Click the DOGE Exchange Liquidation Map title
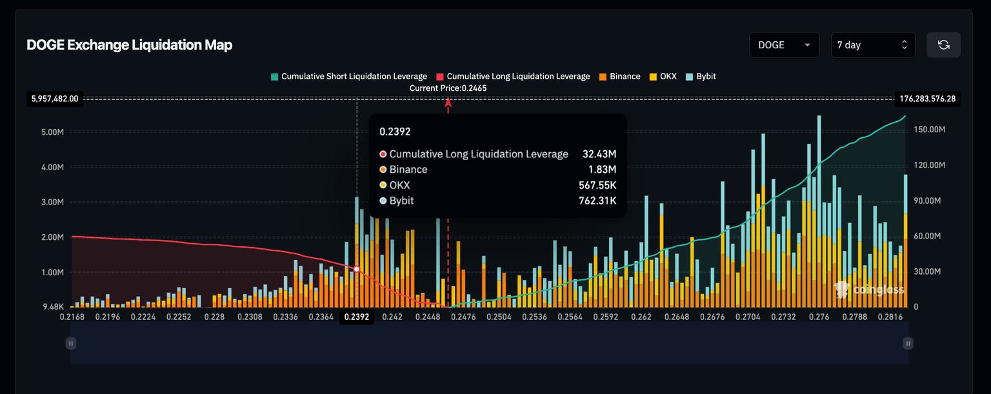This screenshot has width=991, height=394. tap(129, 45)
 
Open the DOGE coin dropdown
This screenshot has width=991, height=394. tap(784, 45)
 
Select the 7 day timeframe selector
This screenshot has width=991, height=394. tap(872, 45)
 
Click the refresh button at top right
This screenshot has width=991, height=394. tap(943, 45)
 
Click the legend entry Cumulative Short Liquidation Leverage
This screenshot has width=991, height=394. tap(348, 76)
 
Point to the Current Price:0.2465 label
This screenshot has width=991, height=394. tap(448, 88)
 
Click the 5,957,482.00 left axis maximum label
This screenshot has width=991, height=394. tap(54, 99)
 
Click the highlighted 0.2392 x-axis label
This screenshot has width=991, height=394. tap(356, 317)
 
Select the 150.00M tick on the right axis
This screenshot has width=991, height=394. tap(930, 130)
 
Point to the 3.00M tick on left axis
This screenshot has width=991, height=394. tap(52, 202)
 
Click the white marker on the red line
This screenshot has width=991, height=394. tap(357, 269)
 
